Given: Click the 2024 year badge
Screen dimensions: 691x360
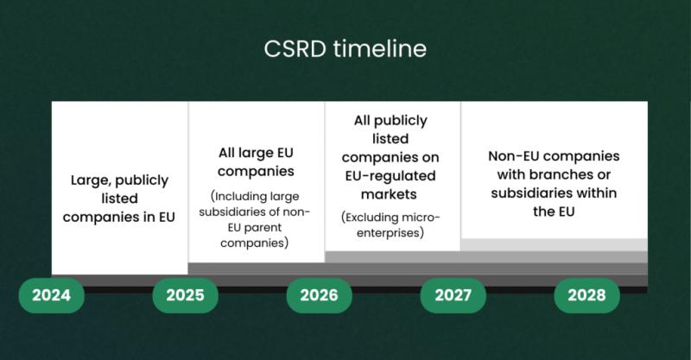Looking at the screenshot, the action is click(x=52, y=295).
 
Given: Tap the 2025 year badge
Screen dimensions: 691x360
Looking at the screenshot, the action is click(x=186, y=295).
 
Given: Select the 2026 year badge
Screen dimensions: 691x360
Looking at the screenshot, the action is click(x=320, y=295).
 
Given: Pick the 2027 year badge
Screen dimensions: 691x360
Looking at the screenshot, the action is click(x=453, y=295).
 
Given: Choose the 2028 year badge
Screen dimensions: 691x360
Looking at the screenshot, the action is click(x=587, y=295).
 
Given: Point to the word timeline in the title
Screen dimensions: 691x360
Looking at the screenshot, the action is click(x=380, y=48).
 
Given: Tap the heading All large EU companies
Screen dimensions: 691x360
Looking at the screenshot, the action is click(x=256, y=162).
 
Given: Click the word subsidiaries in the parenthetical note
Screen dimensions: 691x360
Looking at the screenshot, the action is click(x=233, y=212).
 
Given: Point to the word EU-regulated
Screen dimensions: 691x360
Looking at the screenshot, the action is click(x=390, y=176).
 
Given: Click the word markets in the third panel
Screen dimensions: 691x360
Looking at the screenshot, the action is click(x=389, y=194).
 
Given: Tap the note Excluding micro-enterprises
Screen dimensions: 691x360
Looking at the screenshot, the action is click(x=390, y=225).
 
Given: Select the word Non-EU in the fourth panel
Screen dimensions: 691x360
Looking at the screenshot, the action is click(x=512, y=156).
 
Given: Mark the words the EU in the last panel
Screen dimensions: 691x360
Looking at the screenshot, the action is click(x=554, y=212).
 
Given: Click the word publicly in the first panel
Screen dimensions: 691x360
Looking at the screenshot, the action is click(x=142, y=180).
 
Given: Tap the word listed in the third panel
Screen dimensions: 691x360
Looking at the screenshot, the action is click(x=390, y=139).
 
